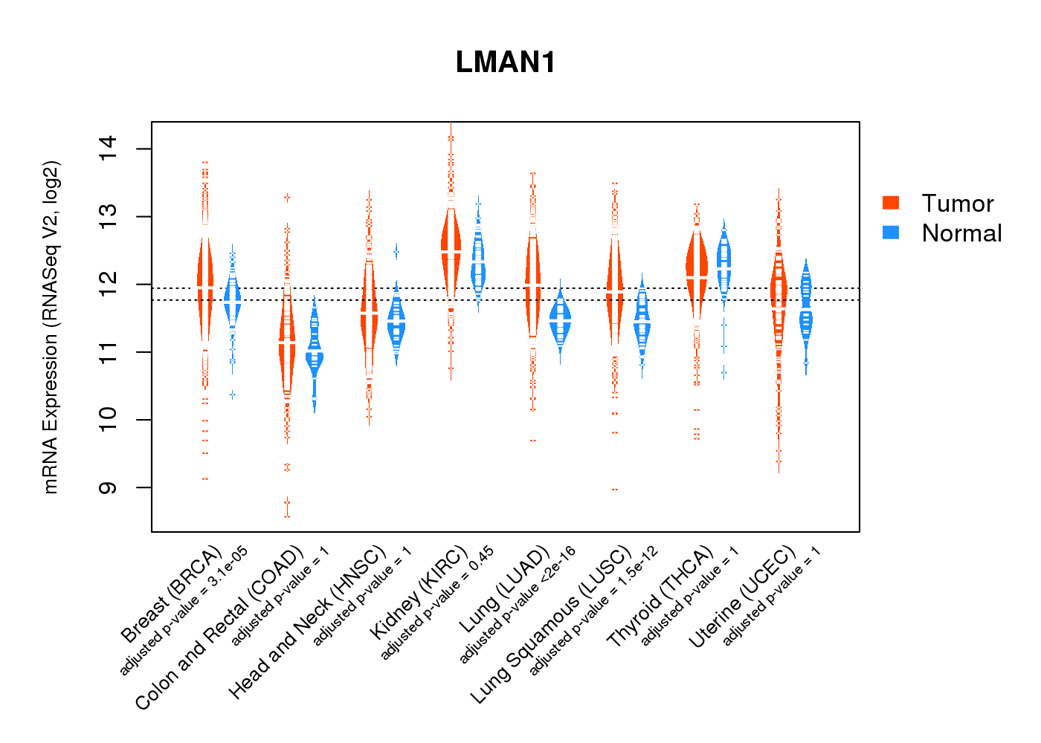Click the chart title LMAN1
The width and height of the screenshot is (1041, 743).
pyautogui.click(x=506, y=62)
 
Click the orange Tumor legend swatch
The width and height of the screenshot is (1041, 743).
pyautogui.click(x=891, y=203)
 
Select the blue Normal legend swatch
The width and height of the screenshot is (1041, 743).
pyautogui.click(x=891, y=233)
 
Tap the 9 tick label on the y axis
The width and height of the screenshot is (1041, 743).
pyautogui.click(x=107, y=487)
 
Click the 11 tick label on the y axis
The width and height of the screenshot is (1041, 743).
pyautogui.click(x=107, y=352)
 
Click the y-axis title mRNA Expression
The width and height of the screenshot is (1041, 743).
pyautogui.click(x=51, y=327)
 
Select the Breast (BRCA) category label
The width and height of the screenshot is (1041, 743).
pyautogui.click(x=171, y=594)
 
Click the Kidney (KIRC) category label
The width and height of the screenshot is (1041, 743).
pyautogui.click(x=419, y=592)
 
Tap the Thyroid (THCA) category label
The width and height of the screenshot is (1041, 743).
pyautogui.click(x=660, y=600)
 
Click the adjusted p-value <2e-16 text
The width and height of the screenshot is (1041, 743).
pyautogui.click(x=518, y=605)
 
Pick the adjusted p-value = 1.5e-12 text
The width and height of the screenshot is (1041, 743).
pyautogui.click(x=593, y=611)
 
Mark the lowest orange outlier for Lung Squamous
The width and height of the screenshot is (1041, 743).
pyautogui.click(x=614, y=490)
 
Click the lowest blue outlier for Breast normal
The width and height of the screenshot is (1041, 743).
pyautogui.click(x=233, y=395)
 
